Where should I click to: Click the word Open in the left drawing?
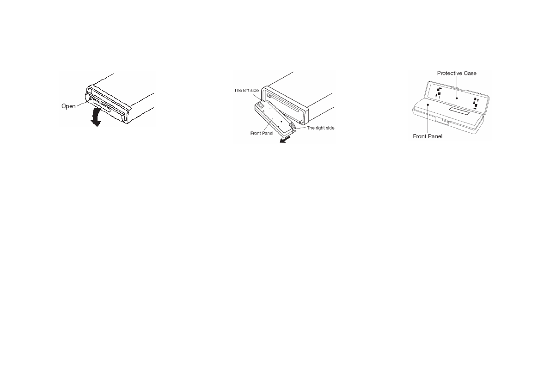point(69,106)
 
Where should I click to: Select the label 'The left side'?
point(246,90)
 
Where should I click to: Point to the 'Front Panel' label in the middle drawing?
point(262,134)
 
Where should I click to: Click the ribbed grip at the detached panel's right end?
point(292,125)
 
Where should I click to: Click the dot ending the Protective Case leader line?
point(457,98)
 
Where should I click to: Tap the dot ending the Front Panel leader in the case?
point(428,105)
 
